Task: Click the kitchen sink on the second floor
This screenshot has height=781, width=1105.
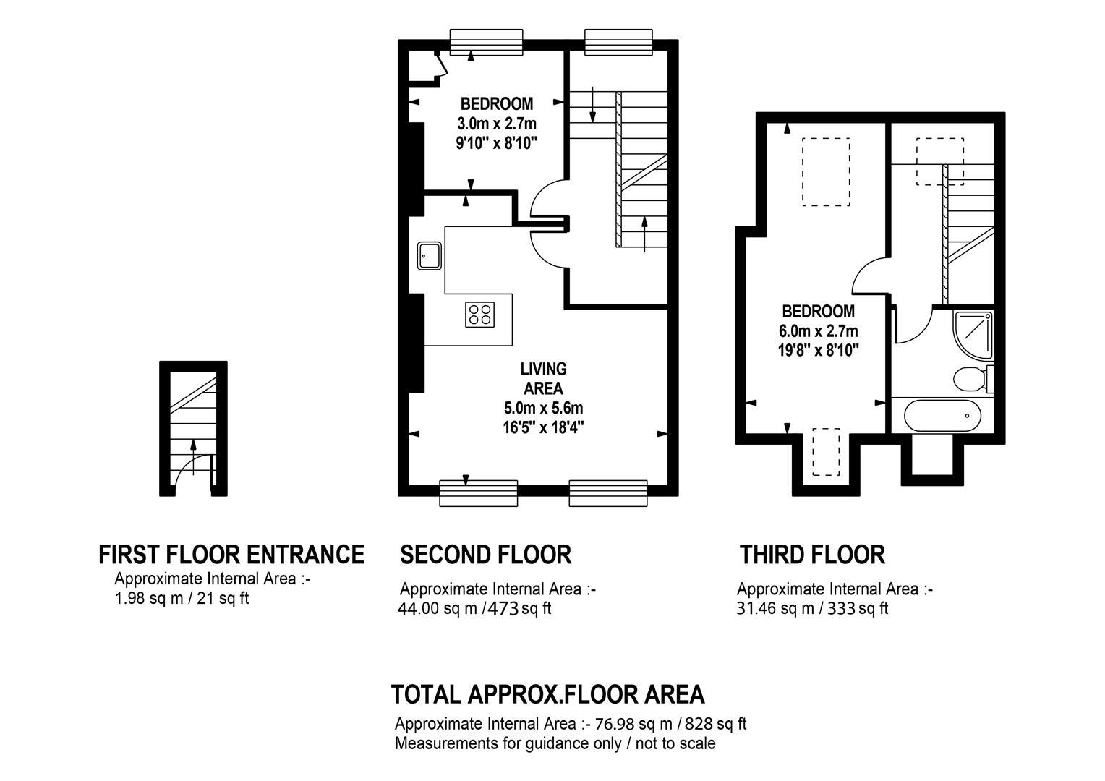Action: click(429, 255)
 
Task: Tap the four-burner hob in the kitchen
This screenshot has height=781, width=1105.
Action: click(479, 315)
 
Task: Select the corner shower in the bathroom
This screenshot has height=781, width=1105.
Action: click(973, 336)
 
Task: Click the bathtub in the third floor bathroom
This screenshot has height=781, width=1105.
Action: click(942, 415)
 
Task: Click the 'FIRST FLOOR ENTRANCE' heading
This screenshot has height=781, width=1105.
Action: click(231, 555)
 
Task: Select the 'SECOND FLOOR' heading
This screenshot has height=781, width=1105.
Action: click(485, 555)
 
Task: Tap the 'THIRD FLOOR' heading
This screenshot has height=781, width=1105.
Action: click(812, 555)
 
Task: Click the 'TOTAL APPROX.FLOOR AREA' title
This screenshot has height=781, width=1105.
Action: click(547, 694)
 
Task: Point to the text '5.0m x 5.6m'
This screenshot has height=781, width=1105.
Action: click(543, 408)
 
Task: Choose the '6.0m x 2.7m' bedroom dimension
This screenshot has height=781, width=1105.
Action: click(818, 330)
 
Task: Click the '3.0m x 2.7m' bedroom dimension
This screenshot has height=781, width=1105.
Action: click(496, 124)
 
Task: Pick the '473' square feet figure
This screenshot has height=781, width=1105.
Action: click(503, 609)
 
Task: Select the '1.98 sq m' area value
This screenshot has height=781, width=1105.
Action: click(148, 599)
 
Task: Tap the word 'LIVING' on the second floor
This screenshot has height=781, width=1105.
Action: click(543, 369)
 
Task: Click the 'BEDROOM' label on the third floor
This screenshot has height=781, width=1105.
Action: click(818, 311)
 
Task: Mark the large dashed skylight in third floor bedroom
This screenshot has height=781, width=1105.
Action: click(826, 171)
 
